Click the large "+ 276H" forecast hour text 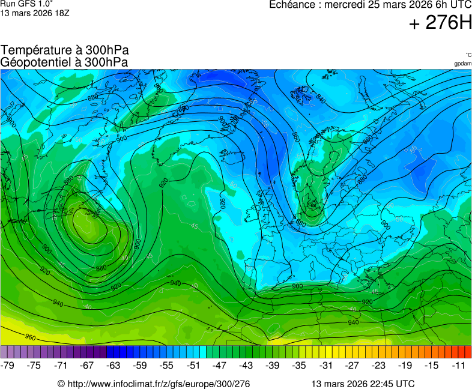coord(440,23)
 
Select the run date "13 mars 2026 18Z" coord(35,13)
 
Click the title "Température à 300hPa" coord(65,50)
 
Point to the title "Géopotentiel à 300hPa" coord(64,62)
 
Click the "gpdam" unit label coord(462,64)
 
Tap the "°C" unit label coord(468,55)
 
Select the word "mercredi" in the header coord(345,5)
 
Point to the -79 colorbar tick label coord(8,365)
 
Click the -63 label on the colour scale coord(113,365)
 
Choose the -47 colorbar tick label coord(220,365)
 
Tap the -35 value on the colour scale coord(299,365)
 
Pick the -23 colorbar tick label coord(378,365)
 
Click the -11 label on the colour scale coord(458,365)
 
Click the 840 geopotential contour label coord(320,98)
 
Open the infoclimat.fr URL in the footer coord(159,384)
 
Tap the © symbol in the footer coord(61,384)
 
